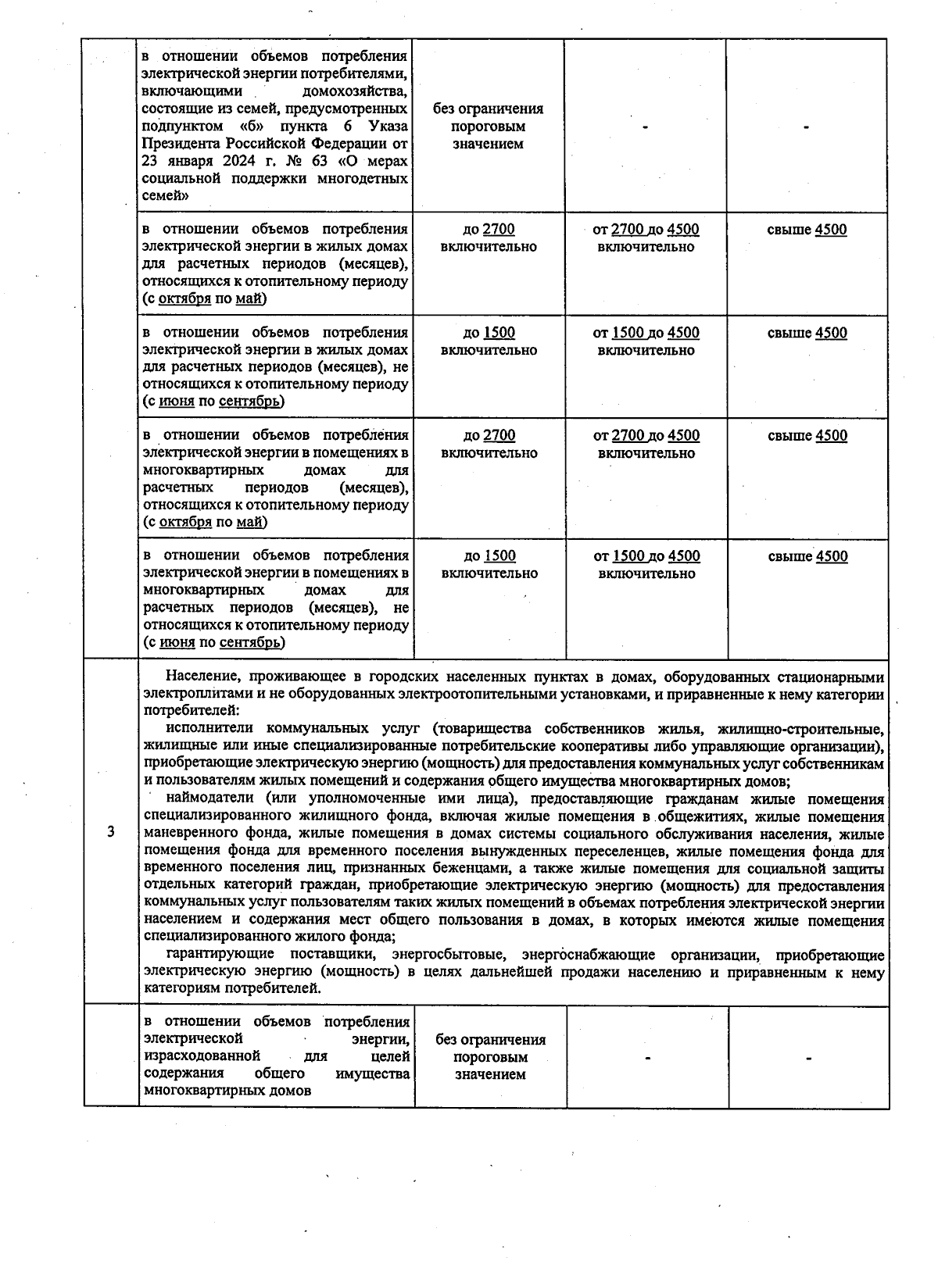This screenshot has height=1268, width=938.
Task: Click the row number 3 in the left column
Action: point(111,831)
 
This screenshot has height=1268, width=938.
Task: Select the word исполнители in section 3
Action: point(207,729)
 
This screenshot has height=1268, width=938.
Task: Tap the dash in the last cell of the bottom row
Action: point(808,1058)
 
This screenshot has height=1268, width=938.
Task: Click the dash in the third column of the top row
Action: point(646,127)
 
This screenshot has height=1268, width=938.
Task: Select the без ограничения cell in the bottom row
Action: point(490,1057)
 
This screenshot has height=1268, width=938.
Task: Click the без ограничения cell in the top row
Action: point(488,127)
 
